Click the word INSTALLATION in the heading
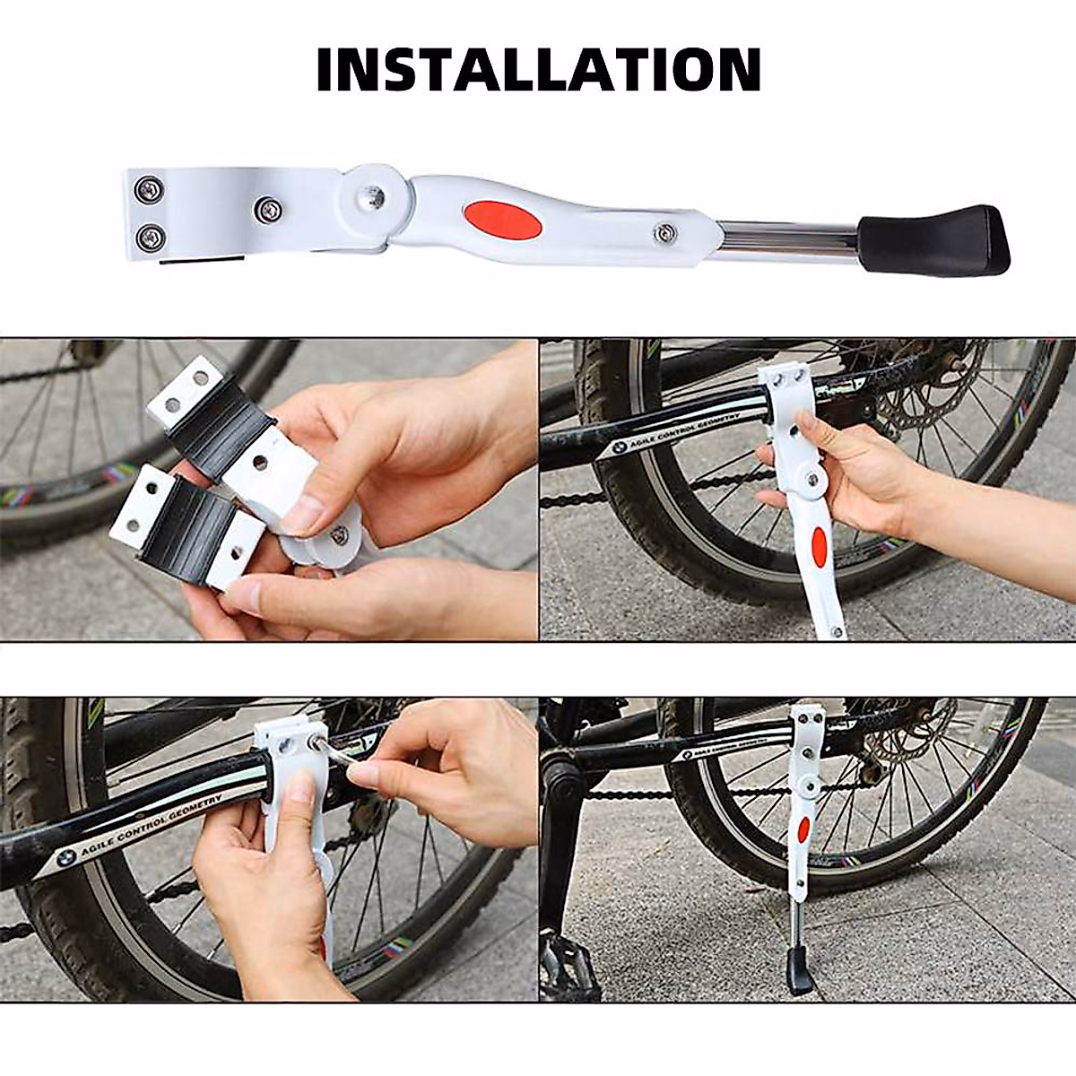point(539,70)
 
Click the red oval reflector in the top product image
point(502,221)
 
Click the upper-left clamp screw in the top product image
point(147,189)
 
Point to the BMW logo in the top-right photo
point(620,447)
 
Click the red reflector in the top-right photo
point(818,547)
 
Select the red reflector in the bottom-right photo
point(803,829)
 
